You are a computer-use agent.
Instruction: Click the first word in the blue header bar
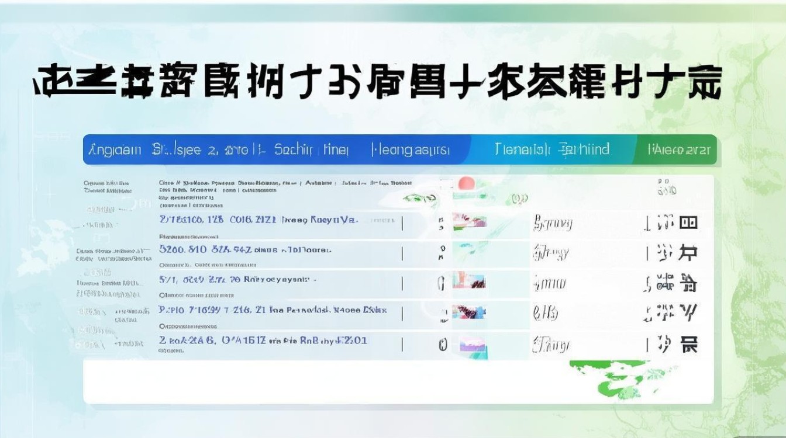pyautogui.click(x=115, y=150)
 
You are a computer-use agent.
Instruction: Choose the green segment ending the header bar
pyautogui.click(x=678, y=150)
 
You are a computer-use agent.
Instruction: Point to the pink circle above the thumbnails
pyautogui.click(x=466, y=183)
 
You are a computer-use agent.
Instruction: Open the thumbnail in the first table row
pyautogui.click(x=469, y=222)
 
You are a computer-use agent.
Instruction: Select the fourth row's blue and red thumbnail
pyautogui.click(x=469, y=311)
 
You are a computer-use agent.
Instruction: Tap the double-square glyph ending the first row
pyautogui.click(x=688, y=222)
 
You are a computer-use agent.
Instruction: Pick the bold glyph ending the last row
pyautogui.click(x=689, y=344)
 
